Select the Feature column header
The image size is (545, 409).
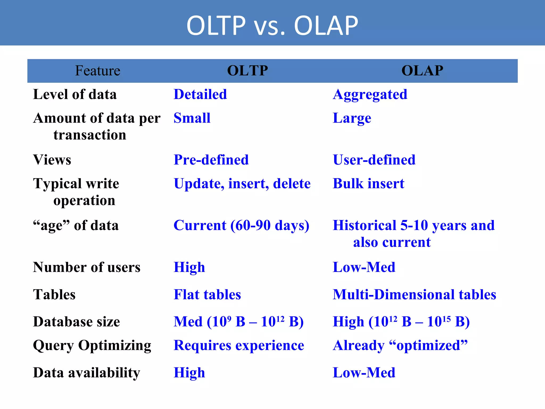pos(98,71)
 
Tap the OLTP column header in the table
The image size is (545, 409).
pos(247,71)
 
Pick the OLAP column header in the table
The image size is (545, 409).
pos(422,71)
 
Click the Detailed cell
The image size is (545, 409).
pos(200,94)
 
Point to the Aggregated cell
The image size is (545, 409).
pos(370,95)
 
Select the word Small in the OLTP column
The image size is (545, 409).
pos(192,118)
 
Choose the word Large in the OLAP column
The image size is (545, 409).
pos(352,118)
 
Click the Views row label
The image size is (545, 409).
pos(52,160)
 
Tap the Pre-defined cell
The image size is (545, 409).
pos(211,160)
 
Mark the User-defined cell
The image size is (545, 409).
pos(374,160)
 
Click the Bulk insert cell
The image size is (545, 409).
pos(369,183)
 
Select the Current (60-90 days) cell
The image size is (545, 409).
pos(241,226)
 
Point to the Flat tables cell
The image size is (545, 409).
pos(207,295)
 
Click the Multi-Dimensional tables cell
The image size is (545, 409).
pos(414,295)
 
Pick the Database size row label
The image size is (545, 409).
pos(76,322)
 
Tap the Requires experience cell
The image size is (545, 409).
pos(239,345)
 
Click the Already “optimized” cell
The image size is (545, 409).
pos(400,345)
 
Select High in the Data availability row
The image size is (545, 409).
pos(189,373)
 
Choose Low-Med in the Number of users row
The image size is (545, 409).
pos(364,267)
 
